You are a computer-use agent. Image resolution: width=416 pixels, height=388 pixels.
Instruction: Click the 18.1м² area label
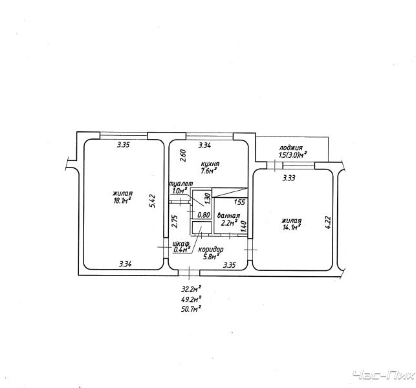click(122, 200)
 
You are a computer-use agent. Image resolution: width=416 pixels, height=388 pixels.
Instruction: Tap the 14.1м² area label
click(290, 227)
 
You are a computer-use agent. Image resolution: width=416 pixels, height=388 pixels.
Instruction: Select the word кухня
click(210, 164)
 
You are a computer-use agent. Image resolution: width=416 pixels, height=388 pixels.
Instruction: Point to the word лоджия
click(290, 148)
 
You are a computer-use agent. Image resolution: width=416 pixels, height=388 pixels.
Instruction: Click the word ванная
click(228, 216)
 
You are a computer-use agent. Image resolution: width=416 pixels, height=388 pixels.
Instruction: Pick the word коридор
click(211, 250)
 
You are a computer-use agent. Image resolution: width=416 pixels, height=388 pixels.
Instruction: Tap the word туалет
click(181, 184)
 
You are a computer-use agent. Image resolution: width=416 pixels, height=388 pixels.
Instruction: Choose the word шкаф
click(181, 244)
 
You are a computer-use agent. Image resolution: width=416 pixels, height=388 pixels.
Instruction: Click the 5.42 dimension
click(152, 201)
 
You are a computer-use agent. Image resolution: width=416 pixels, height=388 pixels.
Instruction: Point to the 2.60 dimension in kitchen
click(183, 156)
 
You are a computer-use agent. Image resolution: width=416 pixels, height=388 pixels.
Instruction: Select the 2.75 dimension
click(174, 221)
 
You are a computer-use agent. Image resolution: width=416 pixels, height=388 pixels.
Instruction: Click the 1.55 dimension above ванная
click(239, 202)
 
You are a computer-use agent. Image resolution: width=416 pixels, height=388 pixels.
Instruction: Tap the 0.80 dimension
click(204, 215)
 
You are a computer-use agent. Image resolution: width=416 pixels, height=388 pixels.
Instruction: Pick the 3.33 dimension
click(289, 178)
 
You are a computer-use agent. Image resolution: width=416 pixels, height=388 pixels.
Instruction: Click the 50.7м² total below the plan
click(191, 308)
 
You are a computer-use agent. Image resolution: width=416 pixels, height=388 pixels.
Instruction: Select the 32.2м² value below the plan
click(191, 288)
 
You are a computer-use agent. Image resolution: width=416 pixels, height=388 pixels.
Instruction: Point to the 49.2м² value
click(191, 299)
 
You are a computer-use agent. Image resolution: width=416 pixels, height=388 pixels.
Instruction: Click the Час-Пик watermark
click(384, 376)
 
